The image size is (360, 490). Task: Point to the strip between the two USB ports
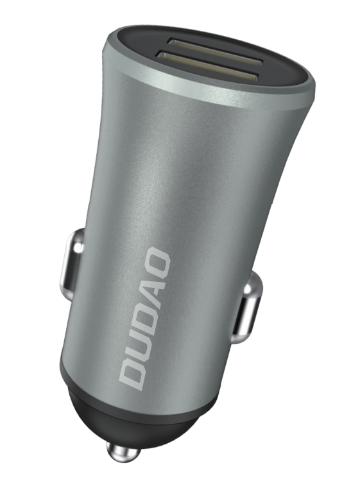(x=212, y=64)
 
